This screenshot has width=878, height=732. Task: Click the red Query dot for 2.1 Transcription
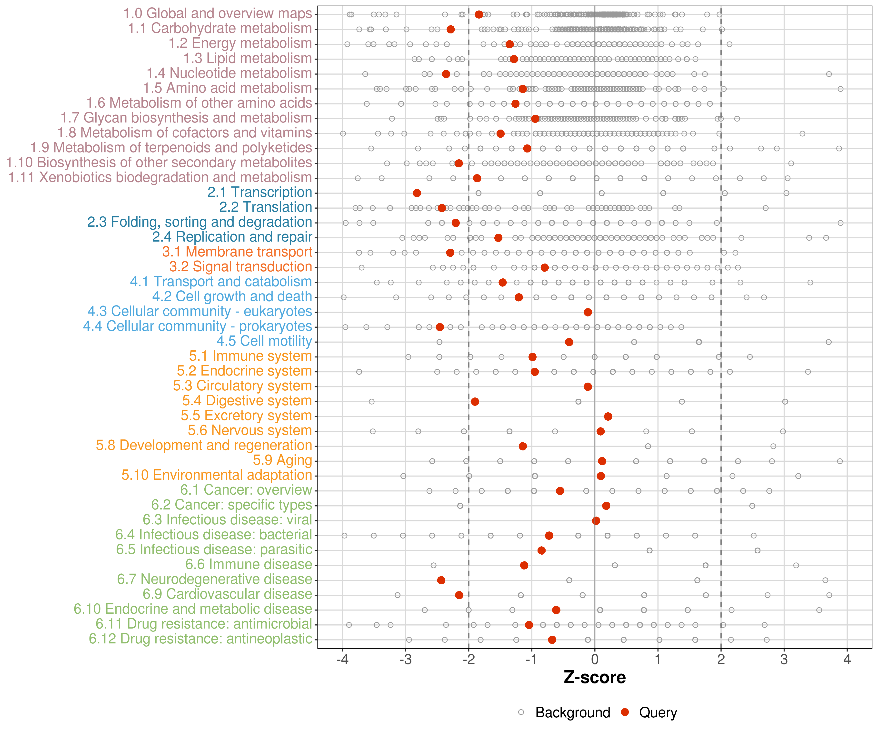[x=417, y=193]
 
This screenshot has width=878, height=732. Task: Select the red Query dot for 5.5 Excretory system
[x=608, y=416]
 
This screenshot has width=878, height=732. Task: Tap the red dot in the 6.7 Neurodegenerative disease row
[x=441, y=580]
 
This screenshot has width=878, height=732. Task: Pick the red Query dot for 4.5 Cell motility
[x=569, y=342]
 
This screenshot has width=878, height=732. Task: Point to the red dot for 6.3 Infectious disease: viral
[x=596, y=521]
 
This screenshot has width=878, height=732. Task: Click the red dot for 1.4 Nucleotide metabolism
[x=446, y=74]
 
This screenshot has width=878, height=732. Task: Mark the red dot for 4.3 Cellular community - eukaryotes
[x=588, y=312]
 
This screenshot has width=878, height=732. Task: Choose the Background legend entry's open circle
[x=521, y=712]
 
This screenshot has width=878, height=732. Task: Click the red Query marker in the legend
[x=625, y=712]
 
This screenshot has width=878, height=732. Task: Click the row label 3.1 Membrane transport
[x=237, y=252]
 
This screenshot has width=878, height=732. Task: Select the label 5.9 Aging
[x=283, y=460]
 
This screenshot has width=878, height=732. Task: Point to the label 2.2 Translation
[x=266, y=207]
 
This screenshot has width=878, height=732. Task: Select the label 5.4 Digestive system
[x=247, y=401]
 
